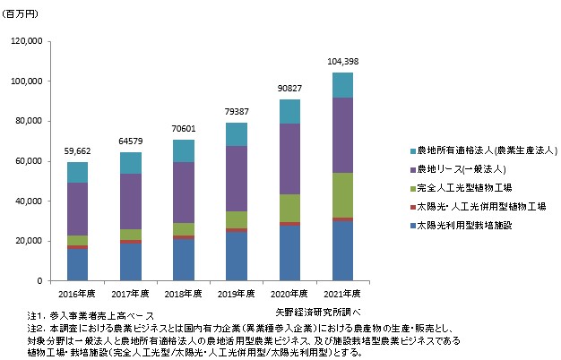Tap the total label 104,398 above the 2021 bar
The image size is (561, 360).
tap(342, 60)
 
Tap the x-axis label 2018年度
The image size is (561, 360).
tap(182, 293)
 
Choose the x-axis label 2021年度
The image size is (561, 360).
tap(342, 293)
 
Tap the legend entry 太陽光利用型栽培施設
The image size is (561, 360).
tap(458, 225)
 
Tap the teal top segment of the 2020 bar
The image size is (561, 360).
tap(289, 112)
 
